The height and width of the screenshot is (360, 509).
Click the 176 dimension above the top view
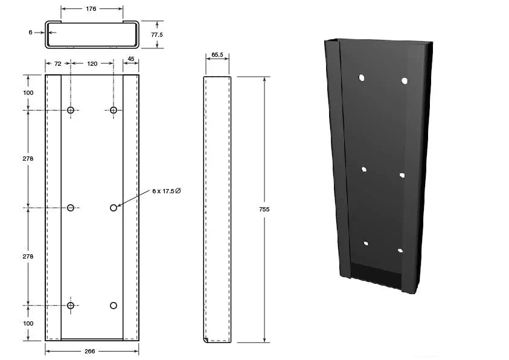pos(91,9)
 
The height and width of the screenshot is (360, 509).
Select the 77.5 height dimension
pos(157,35)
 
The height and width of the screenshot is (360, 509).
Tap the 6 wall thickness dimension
pos(31,33)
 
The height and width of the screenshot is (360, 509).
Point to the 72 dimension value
pos(58,64)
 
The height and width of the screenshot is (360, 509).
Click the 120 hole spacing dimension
pos(92,63)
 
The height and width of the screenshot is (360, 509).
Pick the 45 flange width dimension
pos(131,59)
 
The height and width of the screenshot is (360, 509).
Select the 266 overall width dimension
pos(89,351)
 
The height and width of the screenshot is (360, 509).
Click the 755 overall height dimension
pos(264,210)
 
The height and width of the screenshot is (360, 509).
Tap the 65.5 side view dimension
pos(217,55)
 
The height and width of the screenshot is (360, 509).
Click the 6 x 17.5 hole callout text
pos(166,191)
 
